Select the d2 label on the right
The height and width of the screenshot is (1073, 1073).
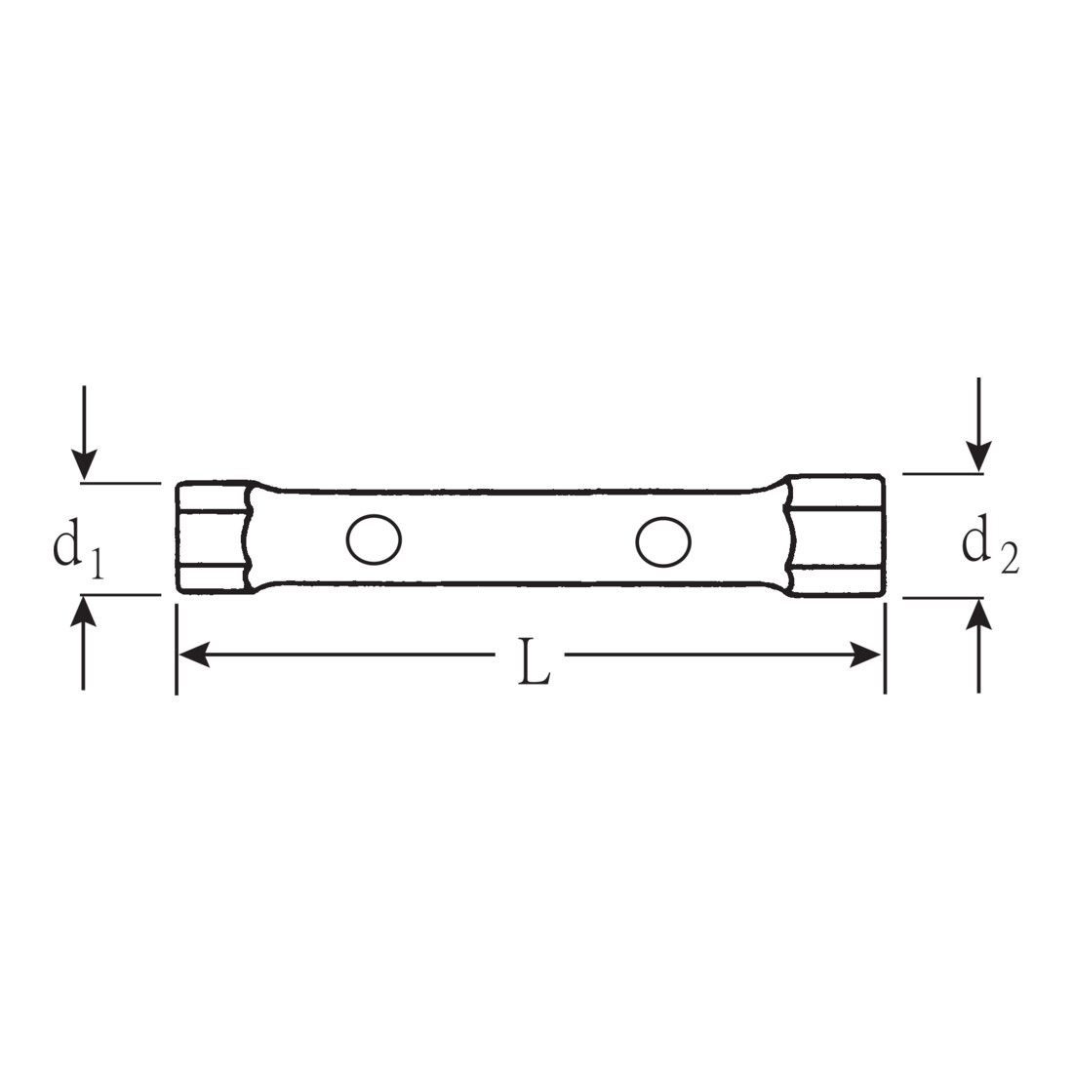990,545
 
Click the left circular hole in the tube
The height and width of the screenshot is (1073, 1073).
374,539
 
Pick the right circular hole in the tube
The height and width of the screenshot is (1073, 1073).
663,541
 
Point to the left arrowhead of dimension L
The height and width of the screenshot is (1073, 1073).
194,655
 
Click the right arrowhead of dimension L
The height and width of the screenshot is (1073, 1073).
865,655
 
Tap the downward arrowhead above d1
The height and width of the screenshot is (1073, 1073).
84,464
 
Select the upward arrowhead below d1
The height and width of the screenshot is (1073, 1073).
84,611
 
